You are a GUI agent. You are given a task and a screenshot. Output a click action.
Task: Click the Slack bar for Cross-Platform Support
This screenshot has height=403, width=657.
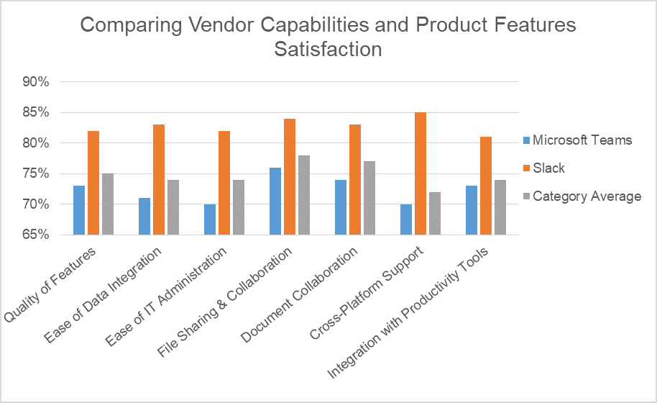pos(421,173)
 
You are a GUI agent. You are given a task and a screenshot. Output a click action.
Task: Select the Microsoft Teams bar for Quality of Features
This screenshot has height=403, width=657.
pos(79,210)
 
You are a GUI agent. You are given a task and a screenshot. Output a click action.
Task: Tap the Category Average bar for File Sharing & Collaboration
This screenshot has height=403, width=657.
pos(304,195)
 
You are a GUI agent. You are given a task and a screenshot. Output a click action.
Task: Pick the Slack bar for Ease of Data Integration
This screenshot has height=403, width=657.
pos(159,180)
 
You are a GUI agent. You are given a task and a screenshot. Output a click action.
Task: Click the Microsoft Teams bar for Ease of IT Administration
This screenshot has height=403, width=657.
pos(210,219)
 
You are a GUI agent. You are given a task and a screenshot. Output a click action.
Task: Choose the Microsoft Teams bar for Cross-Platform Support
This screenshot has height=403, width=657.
pos(406,219)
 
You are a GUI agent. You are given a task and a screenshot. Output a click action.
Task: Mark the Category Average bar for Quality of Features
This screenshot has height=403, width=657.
pos(108,204)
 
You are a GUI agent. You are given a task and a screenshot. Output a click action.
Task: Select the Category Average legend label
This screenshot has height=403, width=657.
pos(587,196)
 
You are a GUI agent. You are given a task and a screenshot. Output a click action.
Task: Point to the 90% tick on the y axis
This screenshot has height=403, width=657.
pos(35,82)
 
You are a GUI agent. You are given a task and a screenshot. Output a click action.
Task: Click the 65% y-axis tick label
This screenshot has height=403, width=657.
pos(35,235)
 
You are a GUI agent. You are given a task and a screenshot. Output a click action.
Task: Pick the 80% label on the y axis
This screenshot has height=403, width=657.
pos(35,143)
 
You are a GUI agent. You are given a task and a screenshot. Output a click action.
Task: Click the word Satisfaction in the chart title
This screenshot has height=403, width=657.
pos(328,50)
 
